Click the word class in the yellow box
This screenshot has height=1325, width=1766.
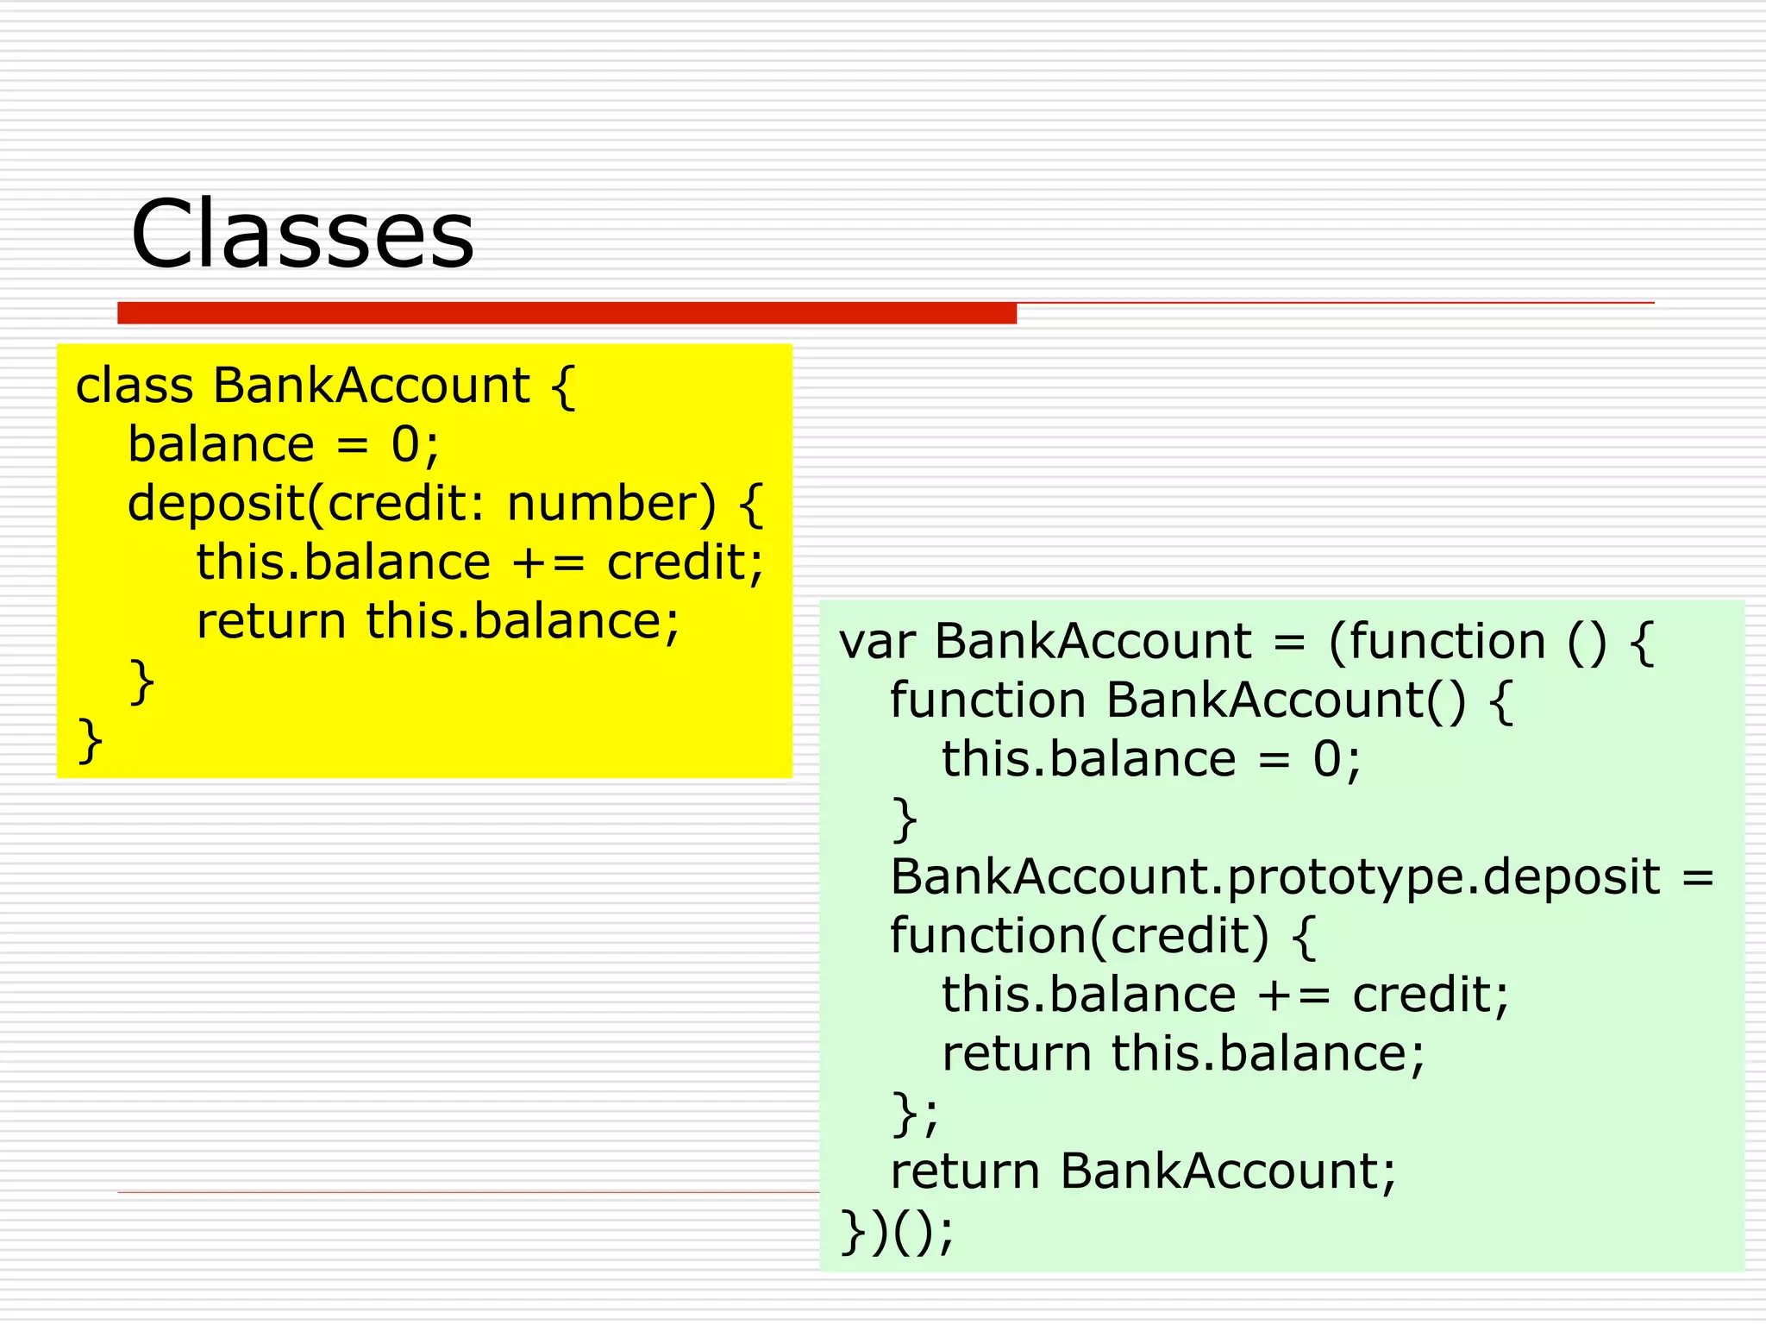[134, 386]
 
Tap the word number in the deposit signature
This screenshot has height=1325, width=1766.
[611, 504]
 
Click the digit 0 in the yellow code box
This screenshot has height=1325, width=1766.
[405, 445]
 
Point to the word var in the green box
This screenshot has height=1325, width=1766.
[876, 643]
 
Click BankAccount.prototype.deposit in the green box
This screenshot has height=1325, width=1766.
[1274, 877]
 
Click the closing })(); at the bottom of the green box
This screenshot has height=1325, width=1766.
[897, 1231]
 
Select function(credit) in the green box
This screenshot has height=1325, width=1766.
[1079, 936]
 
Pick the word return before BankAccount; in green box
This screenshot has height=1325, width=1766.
[964, 1172]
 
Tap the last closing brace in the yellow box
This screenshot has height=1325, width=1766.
[90, 740]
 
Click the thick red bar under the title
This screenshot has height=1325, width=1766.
[567, 313]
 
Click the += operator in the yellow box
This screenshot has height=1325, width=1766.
[548, 564]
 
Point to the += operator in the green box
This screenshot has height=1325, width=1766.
[1293, 995]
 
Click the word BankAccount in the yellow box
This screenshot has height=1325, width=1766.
[371, 386]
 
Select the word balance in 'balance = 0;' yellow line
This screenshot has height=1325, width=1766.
[221, 445]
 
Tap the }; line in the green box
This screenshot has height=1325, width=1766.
[913, 1114]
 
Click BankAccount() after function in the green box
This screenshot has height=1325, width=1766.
[1285, 700]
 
